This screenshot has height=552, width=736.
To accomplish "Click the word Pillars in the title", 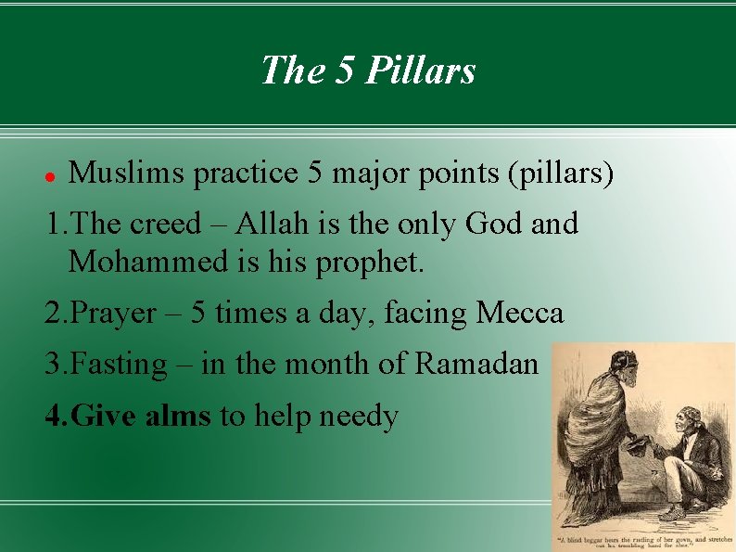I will [x=422, y=71].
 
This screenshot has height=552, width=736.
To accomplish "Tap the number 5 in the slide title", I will [x=345, y=71].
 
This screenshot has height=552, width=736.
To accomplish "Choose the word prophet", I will [x=372, y=263].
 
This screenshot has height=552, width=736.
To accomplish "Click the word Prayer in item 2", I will [x=114, y=314].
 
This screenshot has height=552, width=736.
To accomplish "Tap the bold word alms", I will [x=178, y=416].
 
